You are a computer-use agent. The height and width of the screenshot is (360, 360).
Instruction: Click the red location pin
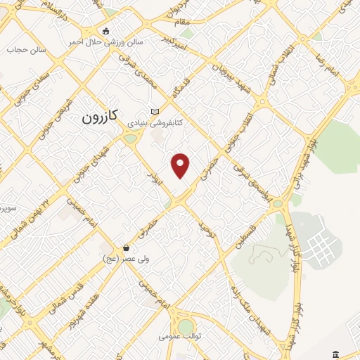(x=181, y=165)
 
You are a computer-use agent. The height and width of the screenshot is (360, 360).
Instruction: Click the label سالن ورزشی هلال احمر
(x=105, y=41)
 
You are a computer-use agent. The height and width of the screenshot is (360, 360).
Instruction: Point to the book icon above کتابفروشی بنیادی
(x=155, y=111)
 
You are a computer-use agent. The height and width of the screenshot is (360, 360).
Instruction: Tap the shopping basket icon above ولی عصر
(x=126, y=247)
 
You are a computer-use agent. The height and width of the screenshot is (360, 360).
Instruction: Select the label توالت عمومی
(x=180, y=337)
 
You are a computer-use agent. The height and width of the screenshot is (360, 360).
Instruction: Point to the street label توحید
(x=205, y=227)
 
